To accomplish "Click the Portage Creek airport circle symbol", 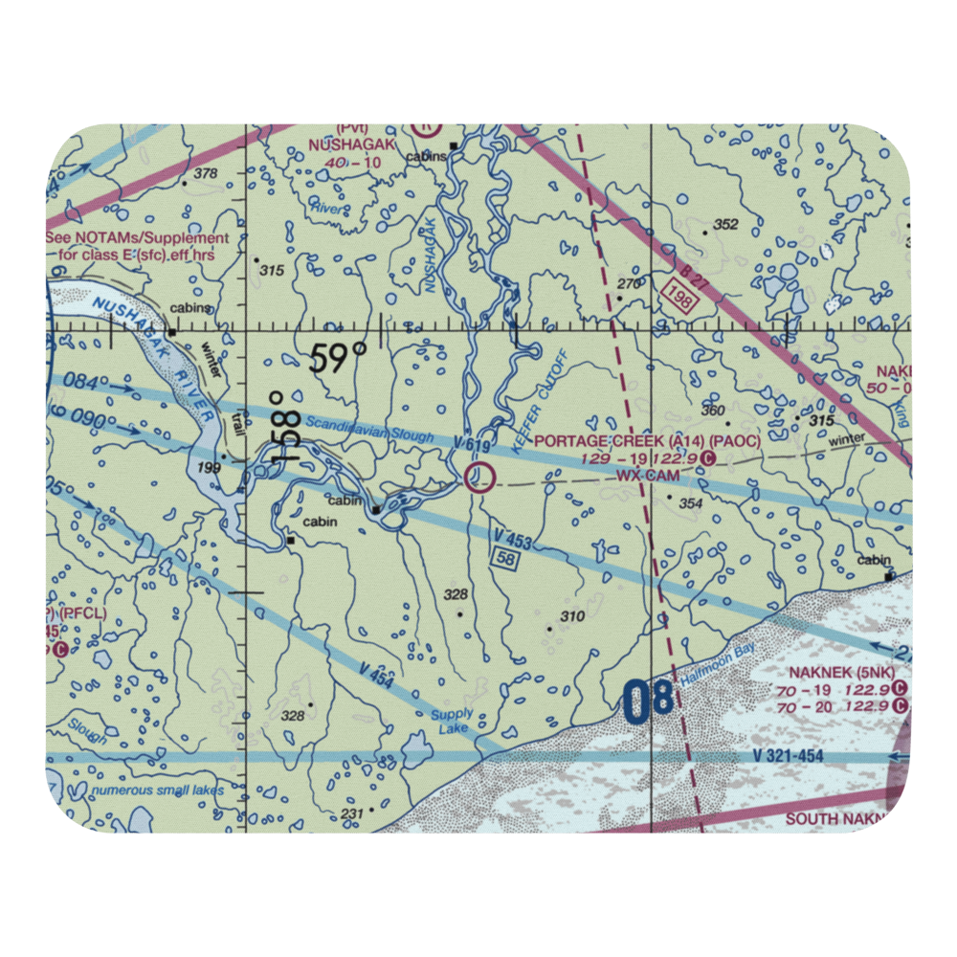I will tap(479, 476).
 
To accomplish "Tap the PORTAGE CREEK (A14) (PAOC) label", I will tap(648, 441).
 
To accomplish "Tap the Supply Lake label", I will tap(452, 722).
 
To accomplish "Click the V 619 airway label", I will tap(472, 447).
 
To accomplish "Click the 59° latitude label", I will tap(338, 359).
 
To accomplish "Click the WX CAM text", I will tap(648, 475).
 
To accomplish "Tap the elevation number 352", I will tap(726, 225).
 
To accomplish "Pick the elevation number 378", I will tap(205, 174).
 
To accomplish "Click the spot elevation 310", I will tap(571, 617).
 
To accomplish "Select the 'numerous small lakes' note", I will tap(157, 790).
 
